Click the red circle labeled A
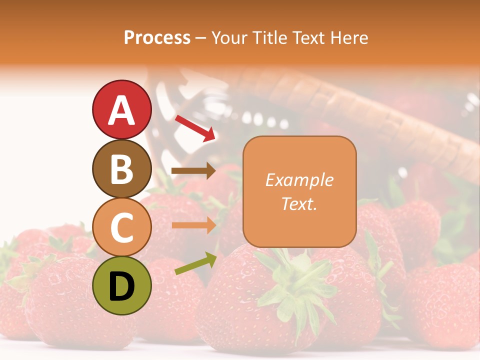point(121,109)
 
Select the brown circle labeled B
point(121,168)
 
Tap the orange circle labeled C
point(121,227)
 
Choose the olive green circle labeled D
point(121,285)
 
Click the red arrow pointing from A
point(195,128)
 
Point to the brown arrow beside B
point(193,171)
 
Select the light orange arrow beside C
point(193,225)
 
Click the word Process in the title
point(157,37)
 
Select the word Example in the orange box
point(299,180)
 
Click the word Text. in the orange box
point(299,203)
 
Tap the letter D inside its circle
point(121,286)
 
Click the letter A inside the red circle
point(121,110)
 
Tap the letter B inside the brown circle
point(121,169)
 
